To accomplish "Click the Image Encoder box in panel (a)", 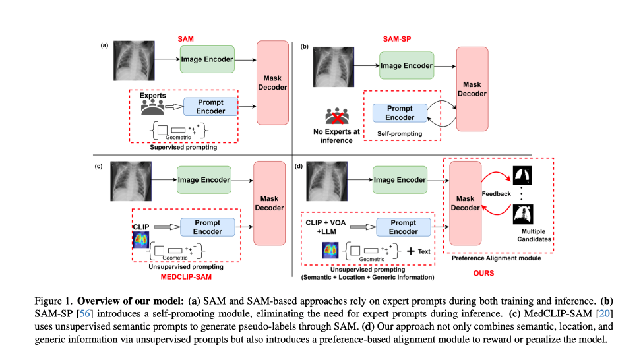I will point(207,59).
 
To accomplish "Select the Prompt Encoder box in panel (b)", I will point(400,113).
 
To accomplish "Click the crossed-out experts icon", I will point(336,117).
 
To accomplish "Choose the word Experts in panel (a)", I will point(153,96).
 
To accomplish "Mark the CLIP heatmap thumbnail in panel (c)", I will point(141,240).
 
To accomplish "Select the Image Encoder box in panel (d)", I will point(400,180).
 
